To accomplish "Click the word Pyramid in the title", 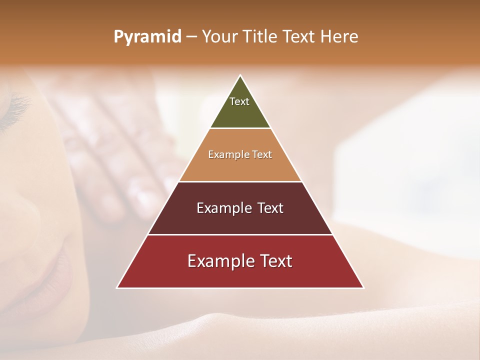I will (x=147, y=37).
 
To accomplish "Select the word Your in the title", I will (x=217, y=37).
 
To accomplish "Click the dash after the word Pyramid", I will (x=191, y=37).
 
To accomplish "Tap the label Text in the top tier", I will (x=239, y=101).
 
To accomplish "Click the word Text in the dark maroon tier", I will (x=265, y=208).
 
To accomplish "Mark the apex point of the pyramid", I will (x=240, y=76).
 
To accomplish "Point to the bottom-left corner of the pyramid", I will (x=117, y=287).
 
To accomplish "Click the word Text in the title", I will (x=300, y=37).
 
